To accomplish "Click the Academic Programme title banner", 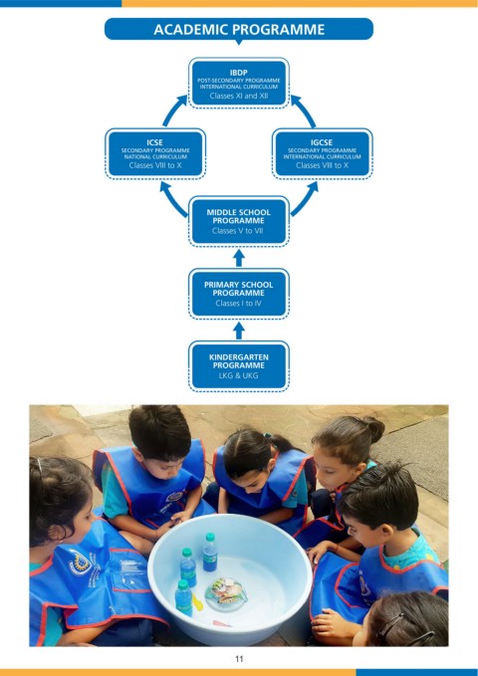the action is point(239,29).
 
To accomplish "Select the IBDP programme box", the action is point(239,84).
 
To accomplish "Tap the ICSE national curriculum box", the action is point(155,153).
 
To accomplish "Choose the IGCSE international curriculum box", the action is point(323,153).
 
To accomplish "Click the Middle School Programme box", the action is point(239,222).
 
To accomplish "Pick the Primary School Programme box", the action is point(239,294).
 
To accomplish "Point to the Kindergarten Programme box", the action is point(239,366).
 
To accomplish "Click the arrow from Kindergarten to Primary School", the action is point(239,331).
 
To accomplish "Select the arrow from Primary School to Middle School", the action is point(239,258).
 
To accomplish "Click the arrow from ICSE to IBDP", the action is point(173,110).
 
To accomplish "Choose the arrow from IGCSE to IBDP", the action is point(304,110).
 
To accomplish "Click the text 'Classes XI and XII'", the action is point(239,96).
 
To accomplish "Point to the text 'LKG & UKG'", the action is point(239,375).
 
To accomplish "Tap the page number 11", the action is point(239,659).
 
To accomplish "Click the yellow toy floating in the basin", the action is point(197,602).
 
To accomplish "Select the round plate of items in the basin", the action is point(226,594).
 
